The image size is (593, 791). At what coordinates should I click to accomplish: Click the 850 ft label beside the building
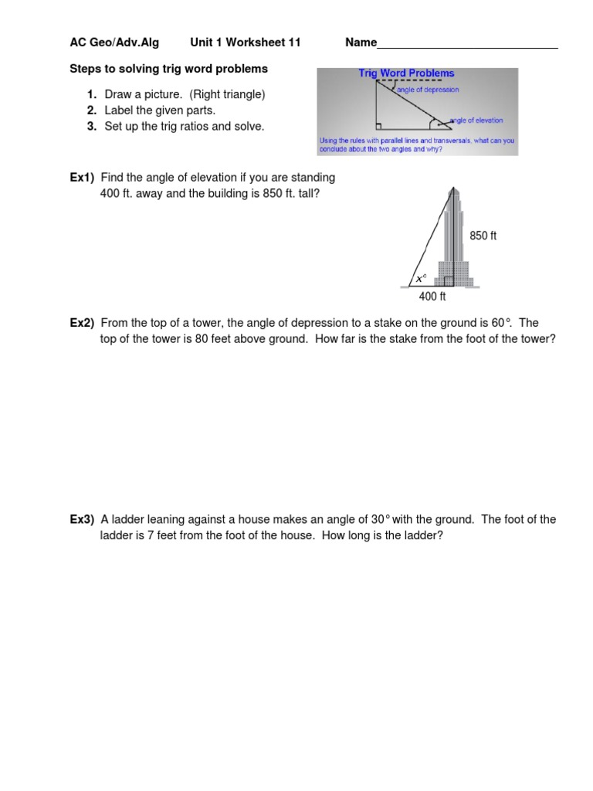tap(483, 236)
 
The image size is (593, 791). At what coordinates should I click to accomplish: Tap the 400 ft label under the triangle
tap(432, 297)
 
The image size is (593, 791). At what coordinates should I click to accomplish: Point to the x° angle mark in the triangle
tap(420, 278)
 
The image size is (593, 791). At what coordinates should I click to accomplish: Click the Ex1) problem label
tap(82, 178)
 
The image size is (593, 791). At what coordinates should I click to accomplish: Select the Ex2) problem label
tap(82, 323)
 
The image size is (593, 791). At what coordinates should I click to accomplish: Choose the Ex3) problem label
tap(82, 519)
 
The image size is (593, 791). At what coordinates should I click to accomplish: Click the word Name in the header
tap(361, 42)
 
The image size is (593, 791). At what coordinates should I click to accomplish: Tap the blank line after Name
tap(467, 45)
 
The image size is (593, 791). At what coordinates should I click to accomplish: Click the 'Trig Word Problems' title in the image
tap(406, 73)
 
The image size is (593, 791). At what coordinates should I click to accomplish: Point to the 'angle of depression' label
tap(427, 90)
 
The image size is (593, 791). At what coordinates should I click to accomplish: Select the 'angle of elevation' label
tap(476, 121)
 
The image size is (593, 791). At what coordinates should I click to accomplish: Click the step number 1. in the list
tap(91, 94)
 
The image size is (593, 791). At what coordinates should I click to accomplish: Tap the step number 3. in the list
tap(91, 127)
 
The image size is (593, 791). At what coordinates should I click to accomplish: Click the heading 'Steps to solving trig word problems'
tap(168, 69)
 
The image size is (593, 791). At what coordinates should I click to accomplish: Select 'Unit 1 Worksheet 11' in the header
tap(245, 42)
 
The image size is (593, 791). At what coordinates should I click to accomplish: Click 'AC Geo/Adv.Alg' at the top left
tap(114, 42)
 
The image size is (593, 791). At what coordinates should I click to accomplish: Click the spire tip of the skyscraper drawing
tap(452, 188)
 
